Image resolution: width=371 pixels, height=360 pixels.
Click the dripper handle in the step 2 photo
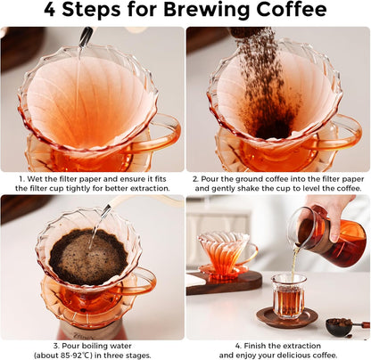click(343, 134)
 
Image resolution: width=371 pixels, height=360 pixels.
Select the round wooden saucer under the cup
click(288, 319)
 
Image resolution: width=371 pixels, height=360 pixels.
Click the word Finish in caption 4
click(259, 345)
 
